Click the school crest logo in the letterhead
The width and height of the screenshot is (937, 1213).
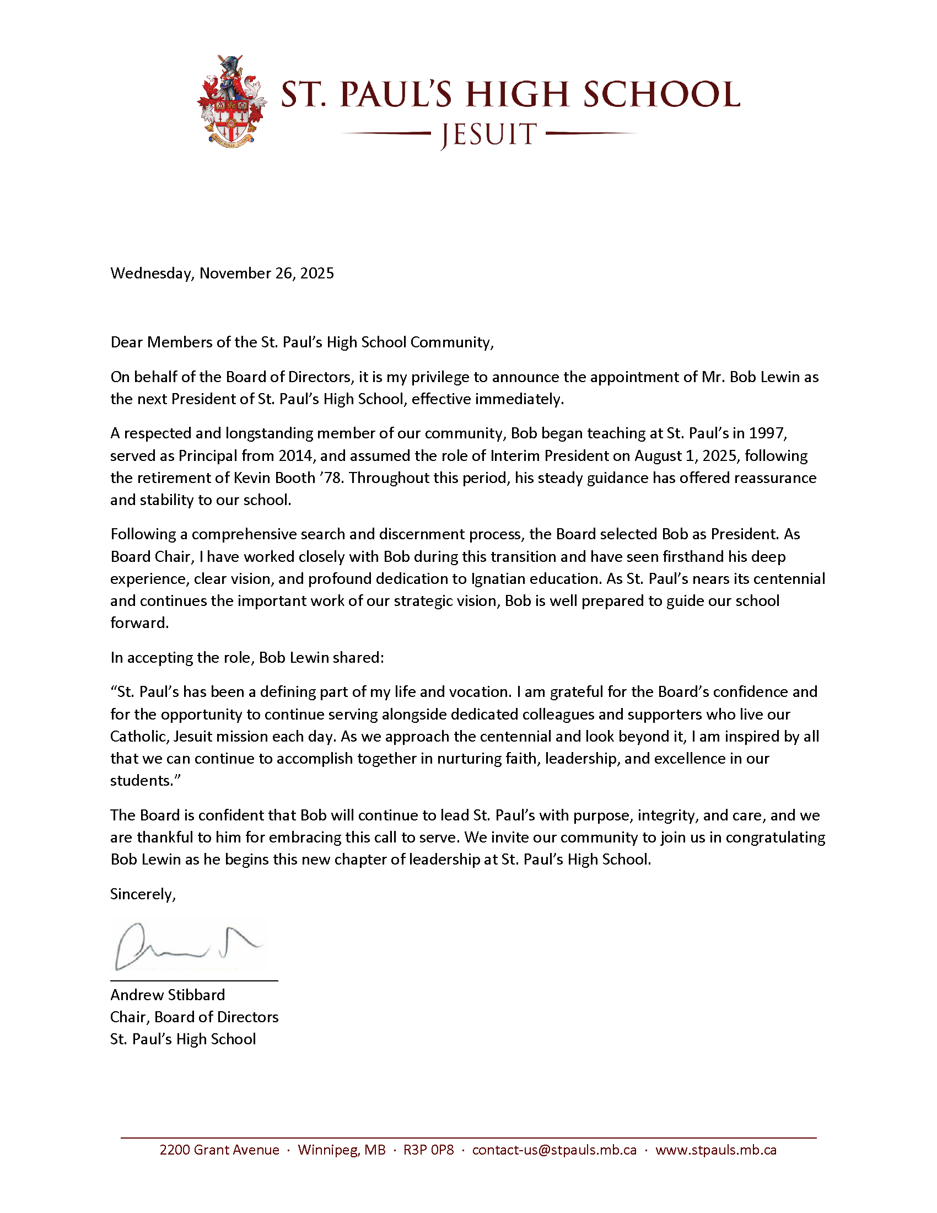(x=232, y=101)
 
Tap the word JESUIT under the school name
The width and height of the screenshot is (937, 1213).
(x=488, y=135)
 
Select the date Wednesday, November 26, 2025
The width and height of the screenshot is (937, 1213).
(x=222, y=273)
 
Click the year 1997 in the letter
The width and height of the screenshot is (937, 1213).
(x=767, y=433)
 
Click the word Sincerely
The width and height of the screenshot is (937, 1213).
(x=143, y=894)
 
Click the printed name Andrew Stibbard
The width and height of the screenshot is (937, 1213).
(x=168, y=995)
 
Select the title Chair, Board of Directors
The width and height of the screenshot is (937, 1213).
(x=194, y=1017)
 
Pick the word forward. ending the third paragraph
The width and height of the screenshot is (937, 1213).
(x=139, y=623)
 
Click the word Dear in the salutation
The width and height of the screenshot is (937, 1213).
(x=127, y=342)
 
